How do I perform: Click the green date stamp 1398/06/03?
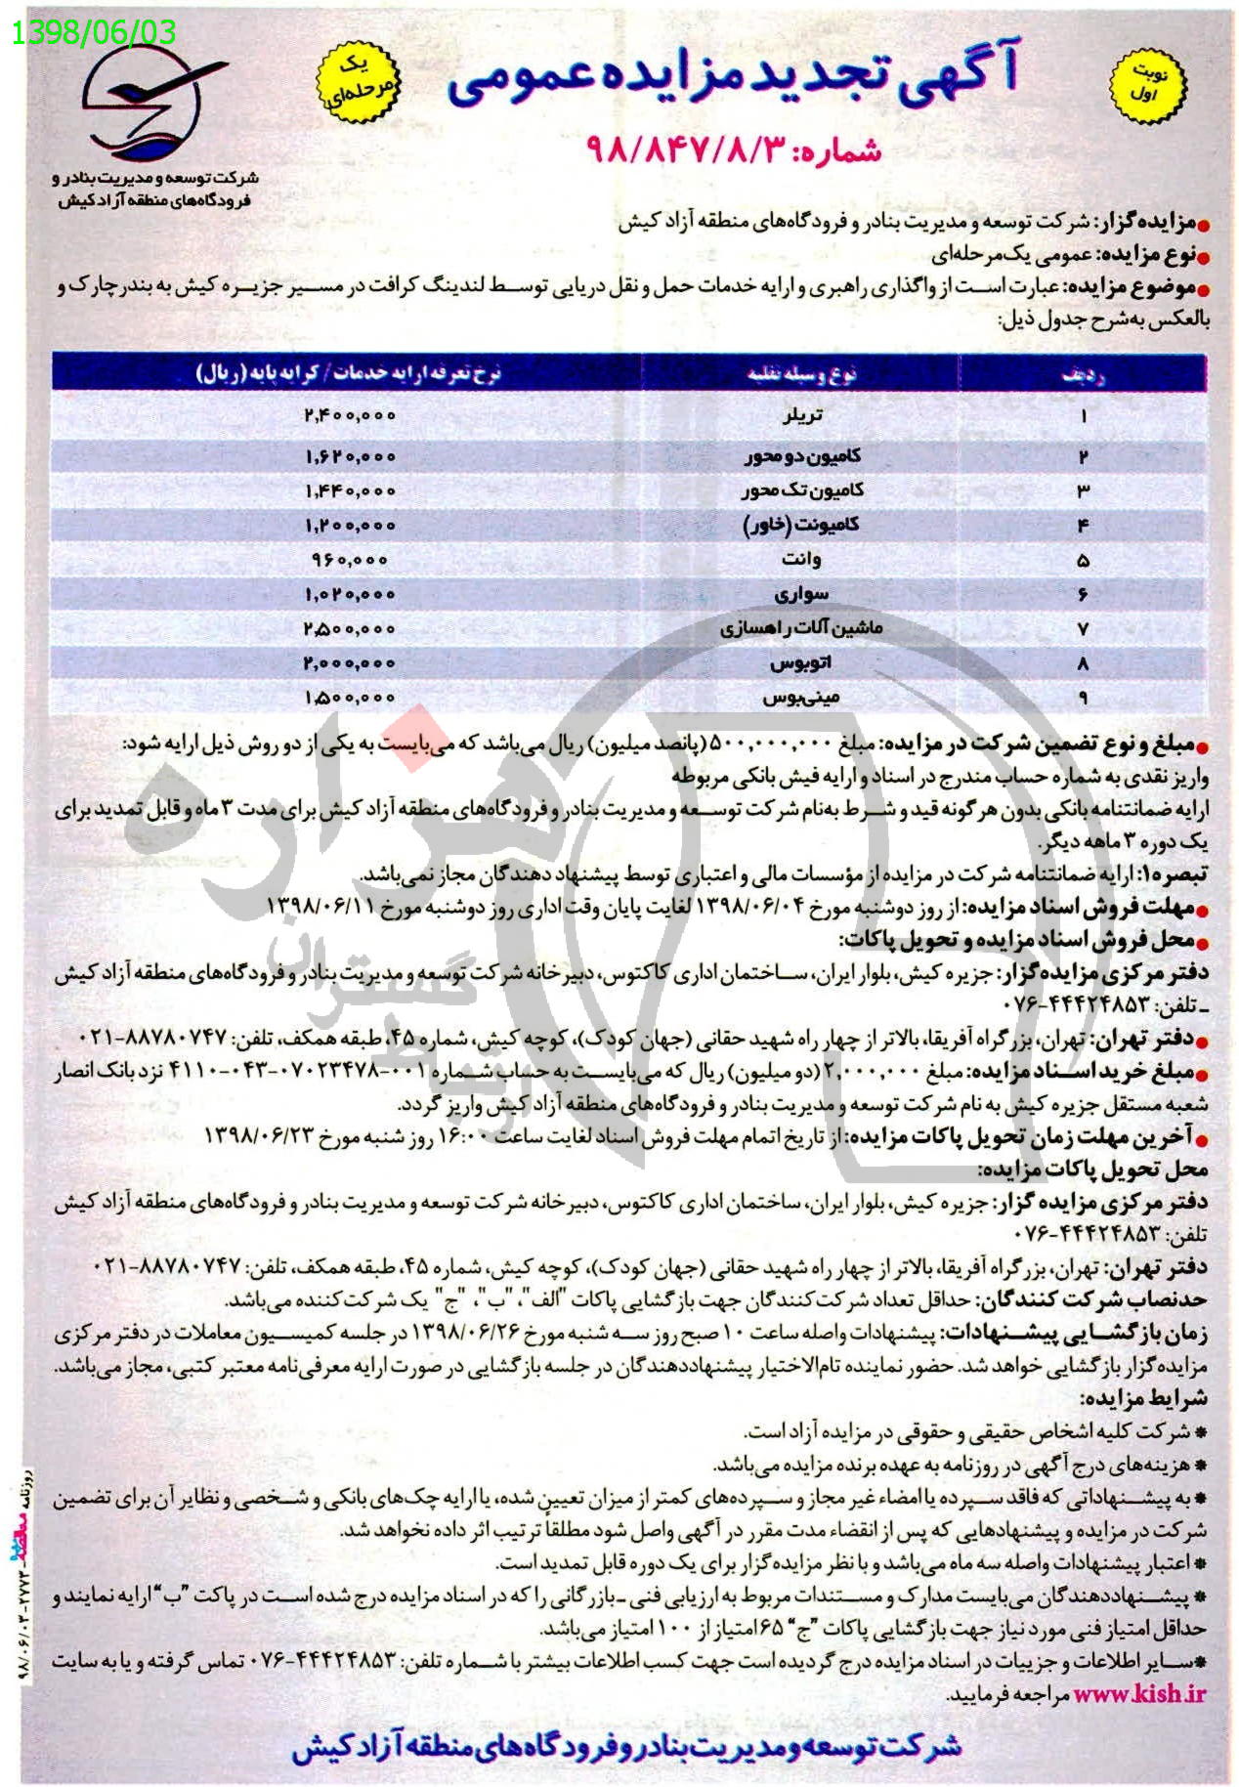coord(95,33)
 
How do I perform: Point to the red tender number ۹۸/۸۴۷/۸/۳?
coord(733,149)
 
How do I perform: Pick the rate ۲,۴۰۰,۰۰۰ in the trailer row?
coord(350,415)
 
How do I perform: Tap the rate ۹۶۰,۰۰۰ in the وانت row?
coord(350,560)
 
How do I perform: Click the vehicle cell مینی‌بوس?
coord(798,699)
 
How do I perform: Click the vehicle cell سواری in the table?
coord(801,594)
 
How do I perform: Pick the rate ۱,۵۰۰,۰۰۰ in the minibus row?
coord(350,698)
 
